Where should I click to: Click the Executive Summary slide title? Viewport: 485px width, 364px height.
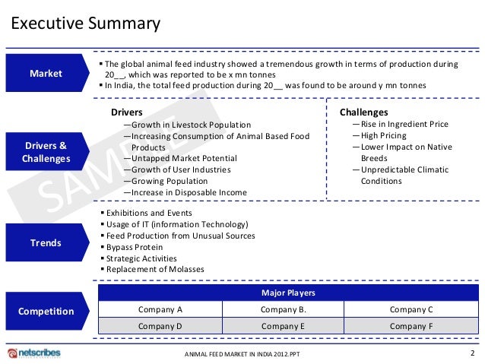(x=85, y=24)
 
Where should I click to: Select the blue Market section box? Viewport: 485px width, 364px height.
(x=45, y=74)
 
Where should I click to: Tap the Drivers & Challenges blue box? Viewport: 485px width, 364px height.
(x=45, y=152)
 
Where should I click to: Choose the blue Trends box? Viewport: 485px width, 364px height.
(x=45, y=243)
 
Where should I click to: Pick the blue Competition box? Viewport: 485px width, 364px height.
(x=45, y=311)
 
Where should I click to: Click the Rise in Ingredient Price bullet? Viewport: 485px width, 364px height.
(x=404, y=124)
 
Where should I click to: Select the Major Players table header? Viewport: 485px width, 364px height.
(x=288, y=293)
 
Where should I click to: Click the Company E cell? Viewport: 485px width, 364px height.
(x=283, y=325)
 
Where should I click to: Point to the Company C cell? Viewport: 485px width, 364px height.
(x=411, y=309)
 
